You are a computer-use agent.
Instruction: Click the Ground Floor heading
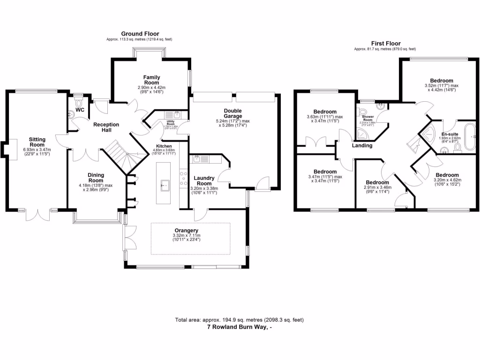pyautogui.click(x=140, y=34)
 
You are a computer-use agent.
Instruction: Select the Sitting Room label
pyautogui.click(x=37, y=142)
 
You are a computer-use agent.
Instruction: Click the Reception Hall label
pyautogui.click(x=106, y=127)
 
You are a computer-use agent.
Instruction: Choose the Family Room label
pyautogui.click(x=152, y=80)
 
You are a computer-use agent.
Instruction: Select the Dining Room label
pyautogui.click(x=96, y=178)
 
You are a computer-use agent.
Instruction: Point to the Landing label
pyautogui.click(x=362, y=145)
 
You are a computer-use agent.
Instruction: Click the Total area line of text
pyautogui.click(x=240, y=320)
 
